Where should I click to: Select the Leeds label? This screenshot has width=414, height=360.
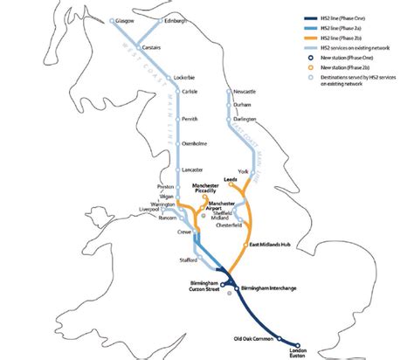tap(231, 178)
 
